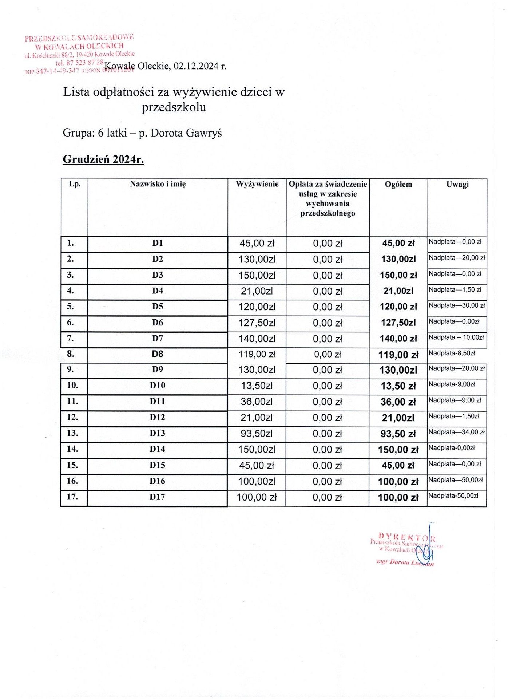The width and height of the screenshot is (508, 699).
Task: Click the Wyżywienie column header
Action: (x=257, y=184)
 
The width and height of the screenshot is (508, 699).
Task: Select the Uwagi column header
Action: (x=457, y=185)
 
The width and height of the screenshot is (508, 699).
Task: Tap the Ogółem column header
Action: (x=398, y=185)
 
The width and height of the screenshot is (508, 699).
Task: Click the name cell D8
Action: (x=158, y=354)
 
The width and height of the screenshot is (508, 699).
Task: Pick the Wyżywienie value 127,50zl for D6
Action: (x=257, y=323)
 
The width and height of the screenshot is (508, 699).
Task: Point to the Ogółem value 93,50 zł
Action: (x=398, y=434)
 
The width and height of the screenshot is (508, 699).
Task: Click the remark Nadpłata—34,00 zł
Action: (x=456, y=432)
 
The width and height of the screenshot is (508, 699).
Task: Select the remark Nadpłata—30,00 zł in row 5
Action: (x=456, y=305)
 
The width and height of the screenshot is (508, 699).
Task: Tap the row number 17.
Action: (x=72, y=497)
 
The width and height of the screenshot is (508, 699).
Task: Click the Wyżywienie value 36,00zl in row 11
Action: (x=257, y=402)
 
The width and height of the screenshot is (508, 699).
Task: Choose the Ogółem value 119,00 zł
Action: (x=398, y=355)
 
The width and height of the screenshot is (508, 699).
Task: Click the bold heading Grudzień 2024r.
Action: (x=103, y=159)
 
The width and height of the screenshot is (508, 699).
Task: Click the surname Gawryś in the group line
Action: (x=204, y=133)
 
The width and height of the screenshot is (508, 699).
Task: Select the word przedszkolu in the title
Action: (x=174, y=107)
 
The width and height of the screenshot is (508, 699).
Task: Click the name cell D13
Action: (x=157, y=433)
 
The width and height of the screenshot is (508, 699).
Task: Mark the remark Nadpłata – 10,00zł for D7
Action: (x=456, y=337)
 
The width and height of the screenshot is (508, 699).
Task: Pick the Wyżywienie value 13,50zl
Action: (x=257, y=386)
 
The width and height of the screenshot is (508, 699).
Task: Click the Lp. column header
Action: (x=75, y=184)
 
